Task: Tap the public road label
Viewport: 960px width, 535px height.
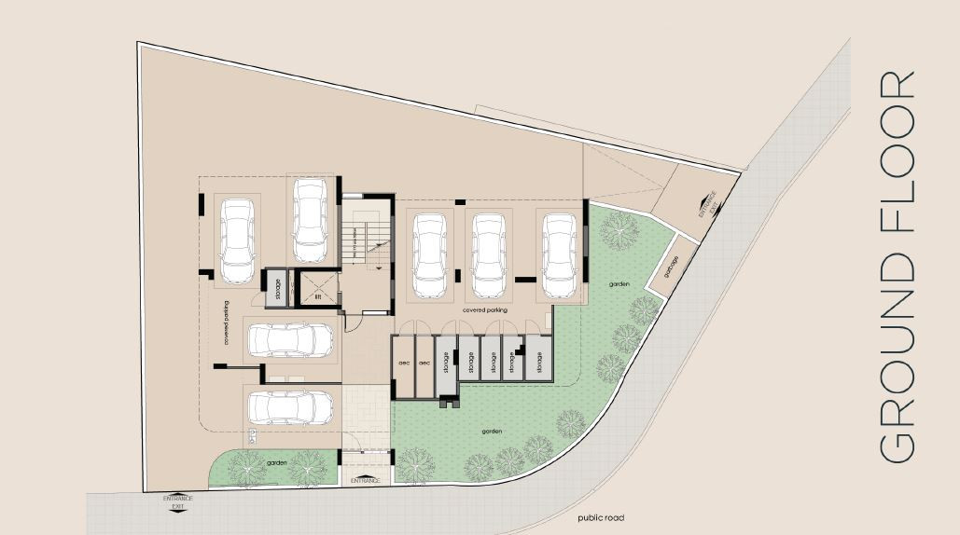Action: tap(600, 518)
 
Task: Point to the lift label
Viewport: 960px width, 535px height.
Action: tap(318, 297)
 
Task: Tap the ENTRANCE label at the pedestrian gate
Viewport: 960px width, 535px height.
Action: tap(366, 480)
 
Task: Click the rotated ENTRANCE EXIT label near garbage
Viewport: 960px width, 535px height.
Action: tap(708, 205)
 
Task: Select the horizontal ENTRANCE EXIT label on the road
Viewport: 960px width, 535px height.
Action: tap(177, 501)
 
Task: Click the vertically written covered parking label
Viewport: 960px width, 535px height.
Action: tap(227, 323)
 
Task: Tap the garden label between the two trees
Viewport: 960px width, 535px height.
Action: tap(275, 463)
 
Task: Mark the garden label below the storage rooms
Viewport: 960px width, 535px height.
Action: tap(494, 432)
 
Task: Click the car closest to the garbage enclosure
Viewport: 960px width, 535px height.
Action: tap(560, 254)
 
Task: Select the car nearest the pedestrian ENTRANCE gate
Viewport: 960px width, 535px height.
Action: tap(291, 407)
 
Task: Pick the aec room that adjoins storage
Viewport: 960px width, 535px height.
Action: tap(424, 363)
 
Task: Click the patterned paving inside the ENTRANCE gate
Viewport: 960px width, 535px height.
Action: tap(364, 415)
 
